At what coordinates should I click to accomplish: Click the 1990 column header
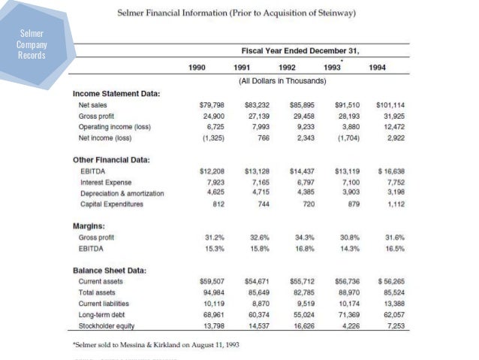[197, 68]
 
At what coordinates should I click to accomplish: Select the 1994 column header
[378, 68]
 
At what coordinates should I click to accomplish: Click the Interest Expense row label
[105, 183]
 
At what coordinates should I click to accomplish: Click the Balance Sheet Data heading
[109, 270]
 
